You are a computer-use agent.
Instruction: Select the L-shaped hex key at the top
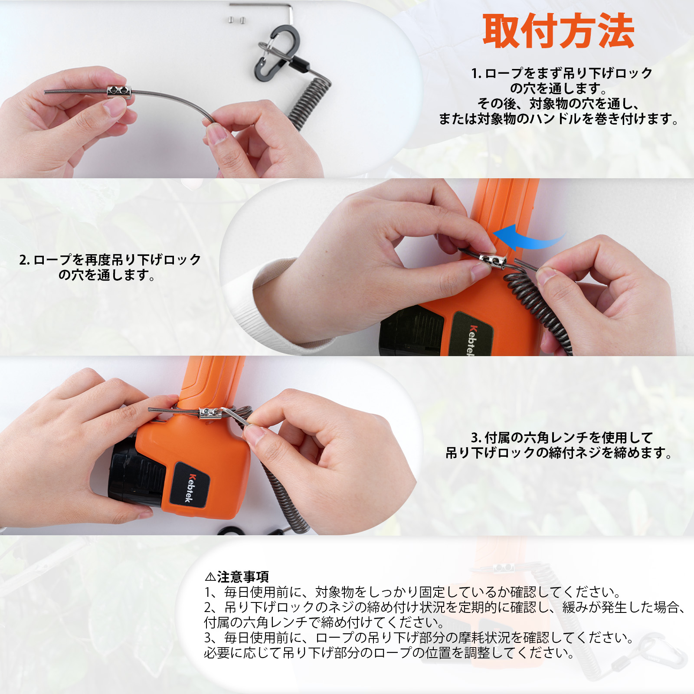coord(269,6)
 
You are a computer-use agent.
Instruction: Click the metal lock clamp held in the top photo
coord(119,91)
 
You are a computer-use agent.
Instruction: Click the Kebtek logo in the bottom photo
coord(190,488)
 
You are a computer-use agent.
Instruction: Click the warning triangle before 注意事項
coord(210,577)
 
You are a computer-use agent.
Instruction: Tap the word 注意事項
coord(243,577)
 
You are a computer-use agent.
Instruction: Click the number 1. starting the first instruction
coord(476,73)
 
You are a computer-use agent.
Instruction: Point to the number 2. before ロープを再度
coord(24,260)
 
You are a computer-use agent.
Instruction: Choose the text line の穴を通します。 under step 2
coord(107,275)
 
